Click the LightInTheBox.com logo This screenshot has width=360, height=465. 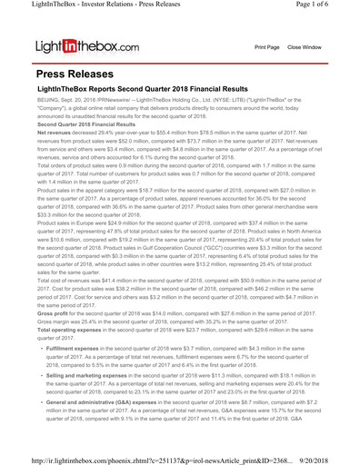(87, 45)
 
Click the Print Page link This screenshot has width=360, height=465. (266, 46)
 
